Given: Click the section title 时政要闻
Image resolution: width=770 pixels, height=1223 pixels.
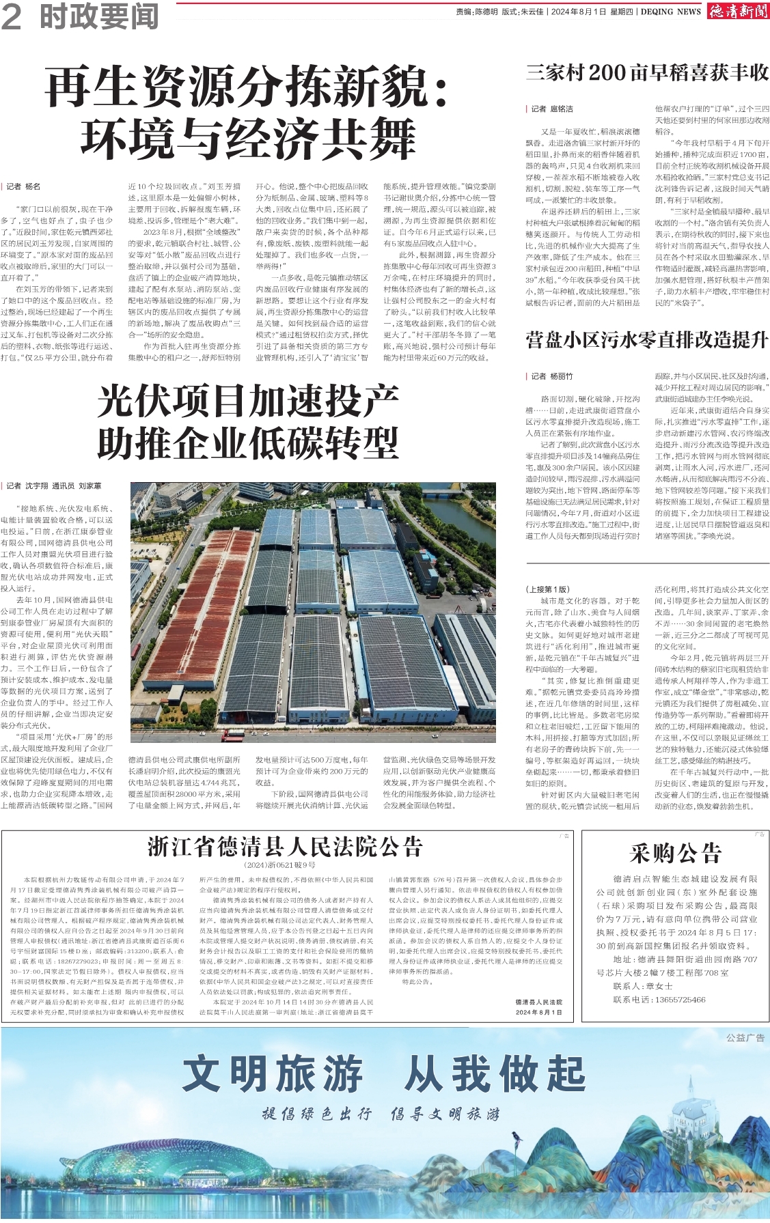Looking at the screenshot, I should pyautogui.click(x=99, y=16).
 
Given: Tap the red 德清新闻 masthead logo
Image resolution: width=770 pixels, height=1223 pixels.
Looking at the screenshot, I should pyautogui.click(x=737, y=11).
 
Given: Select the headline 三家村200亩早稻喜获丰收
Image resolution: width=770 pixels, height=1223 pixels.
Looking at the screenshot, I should pyautogui.click(x=647, y=73).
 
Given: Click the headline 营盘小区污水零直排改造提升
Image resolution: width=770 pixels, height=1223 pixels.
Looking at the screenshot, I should pyautogui.click(x=647, y=339).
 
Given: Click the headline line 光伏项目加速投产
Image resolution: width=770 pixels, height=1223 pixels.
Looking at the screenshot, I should pyautogui.click(x=248, y=402).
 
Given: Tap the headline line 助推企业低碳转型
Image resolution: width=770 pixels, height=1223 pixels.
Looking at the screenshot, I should pyautogui.click(x=248, y=443).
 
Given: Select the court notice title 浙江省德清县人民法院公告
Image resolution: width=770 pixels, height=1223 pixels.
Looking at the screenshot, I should pyautogui.click(x=286, y=847).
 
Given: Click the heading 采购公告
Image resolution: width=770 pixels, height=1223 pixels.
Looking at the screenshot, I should pyautogui.click(x=675, y=853).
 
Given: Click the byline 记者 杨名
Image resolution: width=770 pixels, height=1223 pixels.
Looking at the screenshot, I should pyautogui.click(x=23, y=186).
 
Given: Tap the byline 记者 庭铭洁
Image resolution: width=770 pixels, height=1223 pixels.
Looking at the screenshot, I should pyautogui.click(x=552, y=109).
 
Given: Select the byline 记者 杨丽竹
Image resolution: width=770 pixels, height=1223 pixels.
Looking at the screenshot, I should pyautogui.click(x=552, y=376).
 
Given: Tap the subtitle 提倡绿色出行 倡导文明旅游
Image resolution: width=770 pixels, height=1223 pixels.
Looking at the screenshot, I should pyautogui.click(x=381, y=1114).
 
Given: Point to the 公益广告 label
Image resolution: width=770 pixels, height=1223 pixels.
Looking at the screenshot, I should pyautogui.click(x=745, y=1038).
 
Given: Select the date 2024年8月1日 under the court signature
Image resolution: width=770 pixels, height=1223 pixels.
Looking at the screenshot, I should pyautogui.click(x=539, y=1012).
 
